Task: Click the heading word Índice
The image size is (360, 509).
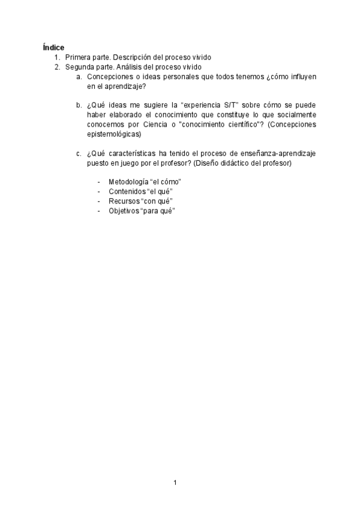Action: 54,47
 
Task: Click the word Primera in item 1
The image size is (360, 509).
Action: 79,57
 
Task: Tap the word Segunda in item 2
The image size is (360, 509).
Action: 80,67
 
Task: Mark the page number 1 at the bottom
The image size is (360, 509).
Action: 175,483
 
